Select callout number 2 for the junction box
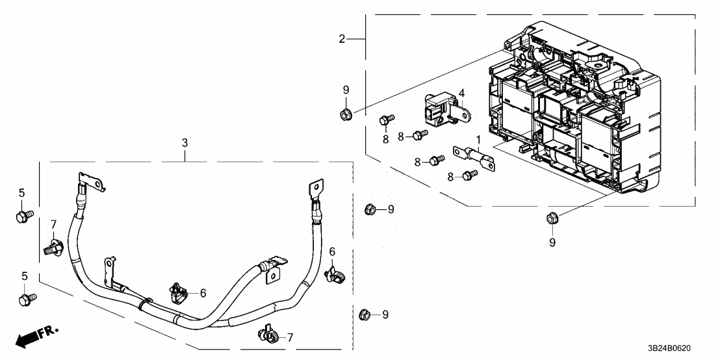(342, 39)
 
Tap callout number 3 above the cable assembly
(185, 141)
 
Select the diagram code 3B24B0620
(679, 348)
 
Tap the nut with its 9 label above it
(346, 115)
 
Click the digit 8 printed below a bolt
(385, 138)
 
